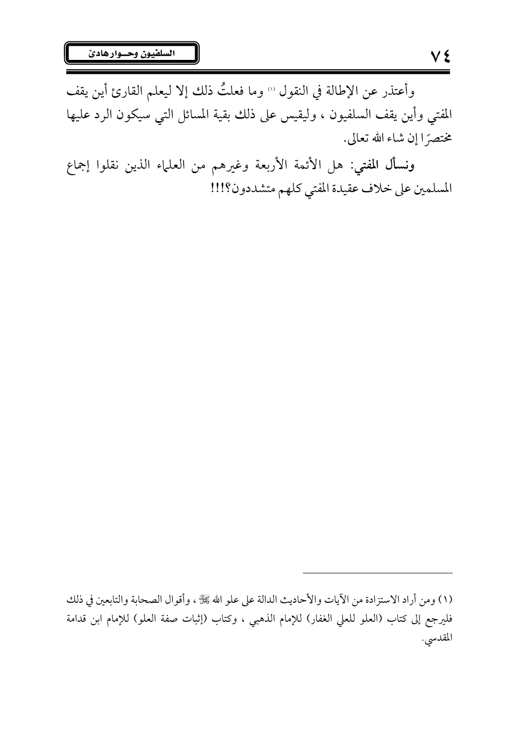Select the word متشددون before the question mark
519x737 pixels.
pyautogui.click(x=233, y=188)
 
